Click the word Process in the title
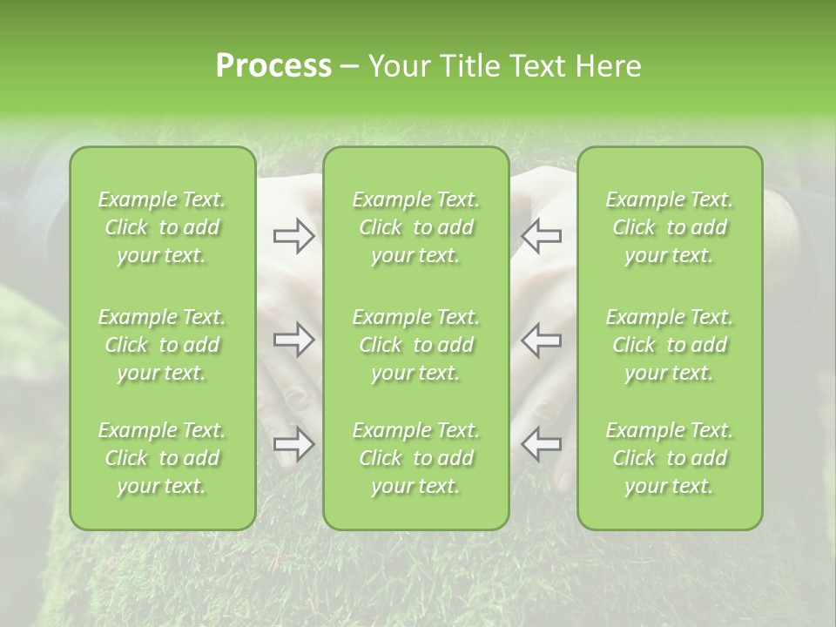[273, 66]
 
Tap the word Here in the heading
[608, 66]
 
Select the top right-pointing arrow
[293, 235]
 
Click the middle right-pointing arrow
[293, 340]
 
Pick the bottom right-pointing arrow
[293, 444]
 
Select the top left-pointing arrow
[541, 235]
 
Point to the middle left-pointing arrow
[541, 340]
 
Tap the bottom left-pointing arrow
[541, 444]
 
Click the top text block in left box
[162, 227]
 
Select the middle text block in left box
[162, 345]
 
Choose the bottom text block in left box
[162, 458]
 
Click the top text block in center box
[416, 227]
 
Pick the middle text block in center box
[416, 345]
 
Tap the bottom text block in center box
[416, 458]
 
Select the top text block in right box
[670, 227]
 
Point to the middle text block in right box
[670, 345]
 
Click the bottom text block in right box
[670, 458]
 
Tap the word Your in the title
[396, 66]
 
